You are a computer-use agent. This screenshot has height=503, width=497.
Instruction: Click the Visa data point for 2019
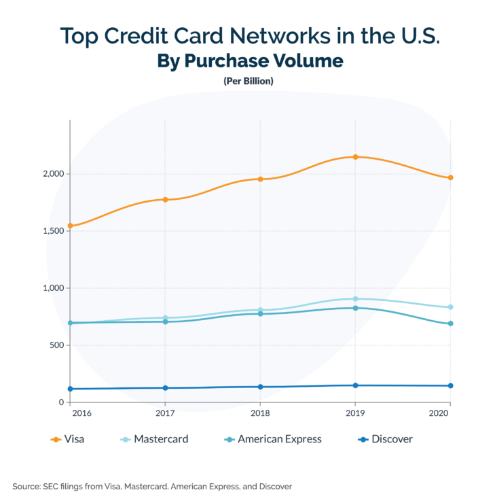(355, 157)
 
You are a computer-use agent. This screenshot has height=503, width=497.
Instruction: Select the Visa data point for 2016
(70, 226)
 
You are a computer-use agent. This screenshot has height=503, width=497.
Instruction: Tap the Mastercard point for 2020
(450, 307)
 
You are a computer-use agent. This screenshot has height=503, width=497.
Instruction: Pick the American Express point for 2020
(450, 324)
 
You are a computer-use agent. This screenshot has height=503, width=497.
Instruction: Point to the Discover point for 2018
(260, 387)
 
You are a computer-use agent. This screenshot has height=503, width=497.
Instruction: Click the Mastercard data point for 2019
(355, 299)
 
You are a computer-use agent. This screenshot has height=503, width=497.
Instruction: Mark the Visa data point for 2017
(165, 200)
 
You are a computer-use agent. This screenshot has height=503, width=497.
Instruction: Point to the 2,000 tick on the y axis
(52, 174)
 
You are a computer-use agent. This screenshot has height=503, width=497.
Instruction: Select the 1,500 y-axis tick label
(52, 231)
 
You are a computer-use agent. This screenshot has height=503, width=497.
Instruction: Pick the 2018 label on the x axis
(260, 413)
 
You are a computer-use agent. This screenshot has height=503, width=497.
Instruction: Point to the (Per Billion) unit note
(248, 82)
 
